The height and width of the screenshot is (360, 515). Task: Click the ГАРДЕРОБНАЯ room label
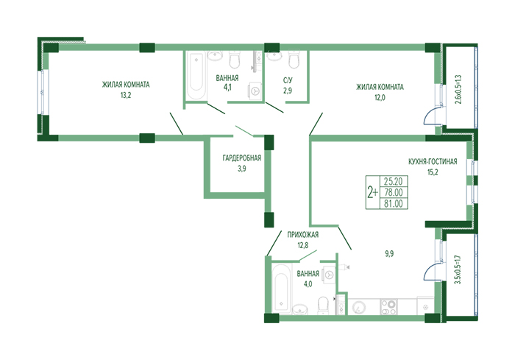242,158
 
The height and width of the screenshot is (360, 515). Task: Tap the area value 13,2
126,96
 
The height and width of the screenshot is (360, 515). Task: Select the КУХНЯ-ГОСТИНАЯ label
433,162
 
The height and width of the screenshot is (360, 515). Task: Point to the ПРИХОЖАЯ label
303,235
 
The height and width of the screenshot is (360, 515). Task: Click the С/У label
288,80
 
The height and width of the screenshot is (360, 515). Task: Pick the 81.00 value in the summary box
394,204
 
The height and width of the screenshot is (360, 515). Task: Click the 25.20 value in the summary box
394,181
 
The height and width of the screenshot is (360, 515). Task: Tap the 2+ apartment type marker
372,192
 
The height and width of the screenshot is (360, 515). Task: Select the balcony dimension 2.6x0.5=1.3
458,89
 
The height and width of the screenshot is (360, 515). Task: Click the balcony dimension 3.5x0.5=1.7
458,269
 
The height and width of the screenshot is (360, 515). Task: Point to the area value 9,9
389,254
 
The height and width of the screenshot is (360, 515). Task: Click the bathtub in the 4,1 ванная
196,75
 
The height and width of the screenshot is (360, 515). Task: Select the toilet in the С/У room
294,58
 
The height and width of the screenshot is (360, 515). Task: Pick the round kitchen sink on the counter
358,308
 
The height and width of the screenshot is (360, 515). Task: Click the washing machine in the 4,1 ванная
256,90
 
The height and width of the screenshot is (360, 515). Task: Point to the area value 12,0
380,98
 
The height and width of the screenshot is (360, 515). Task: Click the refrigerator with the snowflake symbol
426,306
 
